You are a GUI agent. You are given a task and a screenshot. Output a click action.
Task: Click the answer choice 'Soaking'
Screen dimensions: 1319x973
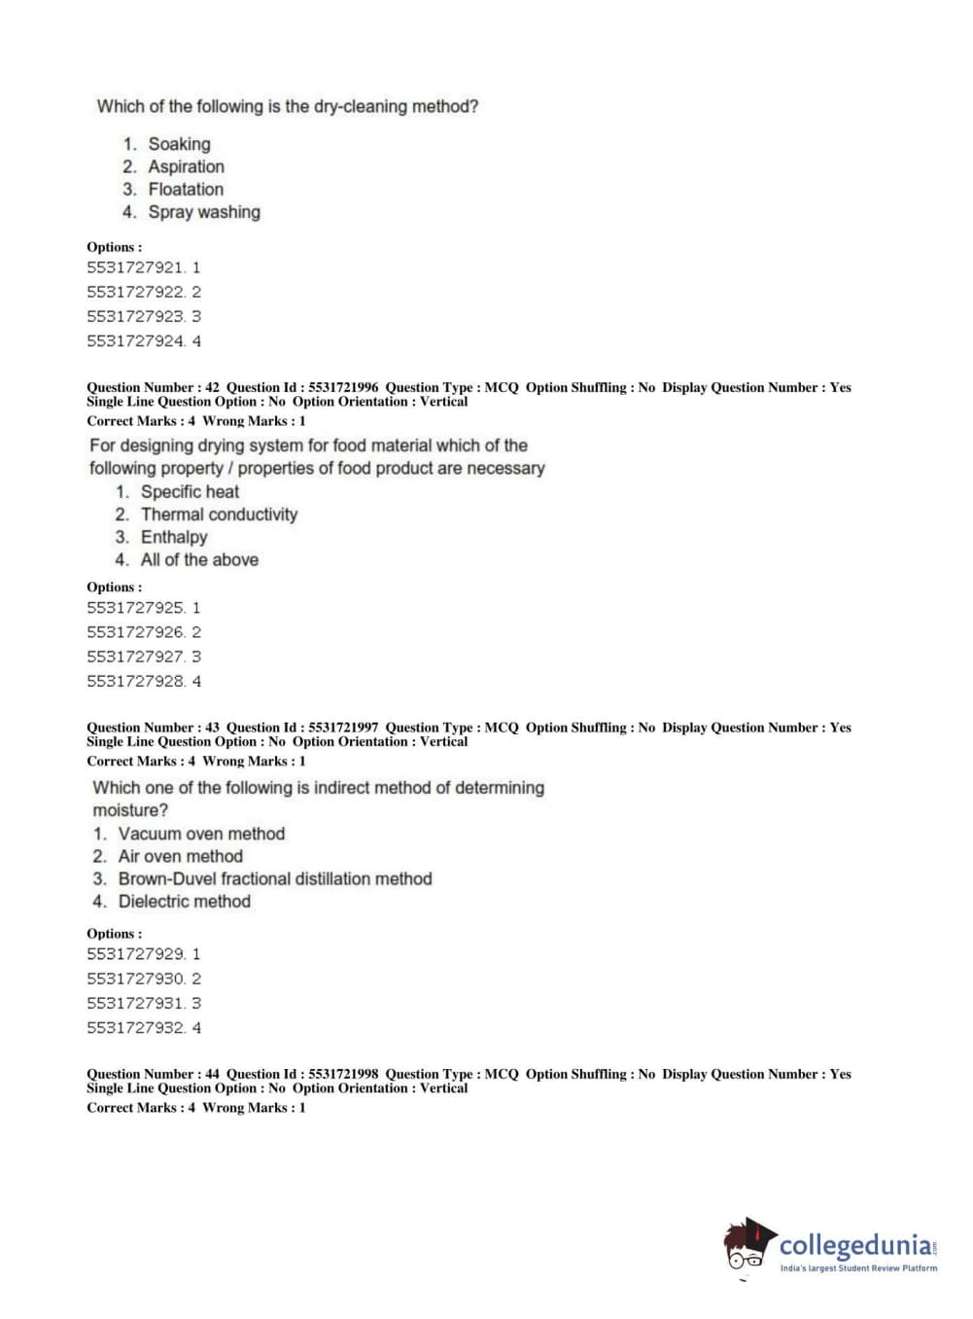click(x=179, y=144)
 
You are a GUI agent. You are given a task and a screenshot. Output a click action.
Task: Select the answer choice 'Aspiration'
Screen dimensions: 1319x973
click(x=186, y=166)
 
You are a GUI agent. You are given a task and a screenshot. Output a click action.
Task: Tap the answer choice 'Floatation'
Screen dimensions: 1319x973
click(x=186, y=189)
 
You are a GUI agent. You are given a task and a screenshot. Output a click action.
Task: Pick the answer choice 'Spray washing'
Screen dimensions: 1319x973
click(x=204, y=212)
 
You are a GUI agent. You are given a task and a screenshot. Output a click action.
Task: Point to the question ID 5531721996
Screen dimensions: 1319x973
click(x=343, y=387)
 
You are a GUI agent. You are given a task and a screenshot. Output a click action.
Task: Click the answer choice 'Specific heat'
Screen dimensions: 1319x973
click(x=190, y=492)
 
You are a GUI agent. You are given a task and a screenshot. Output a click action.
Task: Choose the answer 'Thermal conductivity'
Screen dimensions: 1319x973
click(x=219, y=515)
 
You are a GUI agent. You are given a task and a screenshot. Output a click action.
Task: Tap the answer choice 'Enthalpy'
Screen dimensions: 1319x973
click(x=174, y=537)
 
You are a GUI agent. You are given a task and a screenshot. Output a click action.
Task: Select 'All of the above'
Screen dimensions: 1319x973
click(x=199, y=559)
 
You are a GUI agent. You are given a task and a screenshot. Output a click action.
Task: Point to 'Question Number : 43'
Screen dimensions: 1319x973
click(x=153, y=728)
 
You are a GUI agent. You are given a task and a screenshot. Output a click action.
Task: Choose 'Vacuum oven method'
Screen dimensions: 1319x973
click(x=201, y=834)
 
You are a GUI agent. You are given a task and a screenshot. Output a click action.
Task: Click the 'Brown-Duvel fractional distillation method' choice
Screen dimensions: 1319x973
click(x=275, y=878)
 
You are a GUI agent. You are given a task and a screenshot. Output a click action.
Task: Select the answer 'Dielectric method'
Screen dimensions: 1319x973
click(x=185, y=902)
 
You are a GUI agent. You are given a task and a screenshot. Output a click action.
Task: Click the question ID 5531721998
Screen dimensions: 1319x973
click(x=343, y=1074)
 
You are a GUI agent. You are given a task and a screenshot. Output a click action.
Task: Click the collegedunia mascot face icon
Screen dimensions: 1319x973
click(x=747, y=1245)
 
